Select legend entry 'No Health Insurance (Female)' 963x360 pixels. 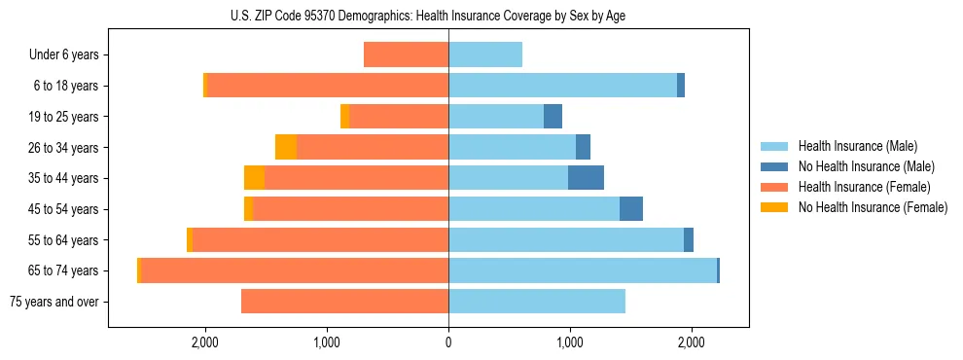pyautogui.click(x=873, y=207)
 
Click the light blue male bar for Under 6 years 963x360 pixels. pyautogui.click(x=485, y=55)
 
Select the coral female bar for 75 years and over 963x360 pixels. pyautogui.click(x=344, y=302)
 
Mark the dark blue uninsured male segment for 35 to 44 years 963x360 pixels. pyautogui.click(x=586, y=178)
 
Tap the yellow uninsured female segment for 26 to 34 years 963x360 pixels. pyautogui.click(x=286, y=147)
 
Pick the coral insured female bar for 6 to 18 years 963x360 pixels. pyautogui.click(x=328, y=86)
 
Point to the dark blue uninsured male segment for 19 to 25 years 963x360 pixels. pyautogui.click(x=553, y=117)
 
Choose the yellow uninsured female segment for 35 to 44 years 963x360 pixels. pyautogui.click(x=254, y=178)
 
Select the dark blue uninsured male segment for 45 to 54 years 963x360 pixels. pyautogui.click(x=631, y=209)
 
